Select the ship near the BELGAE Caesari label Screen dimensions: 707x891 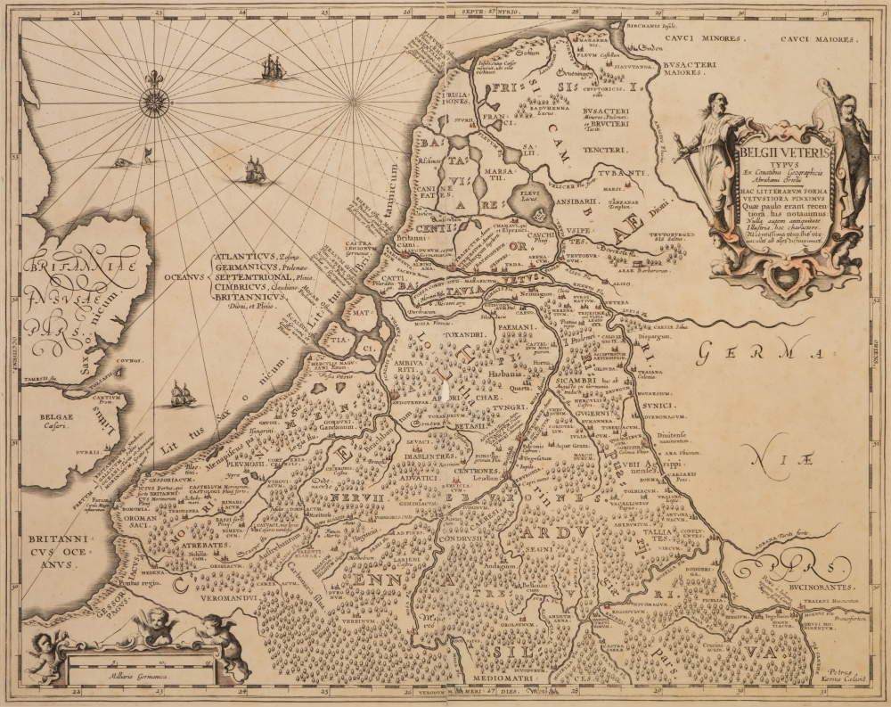(x=182, y=392)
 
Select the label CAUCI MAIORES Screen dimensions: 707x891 (x=818, y=40)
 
